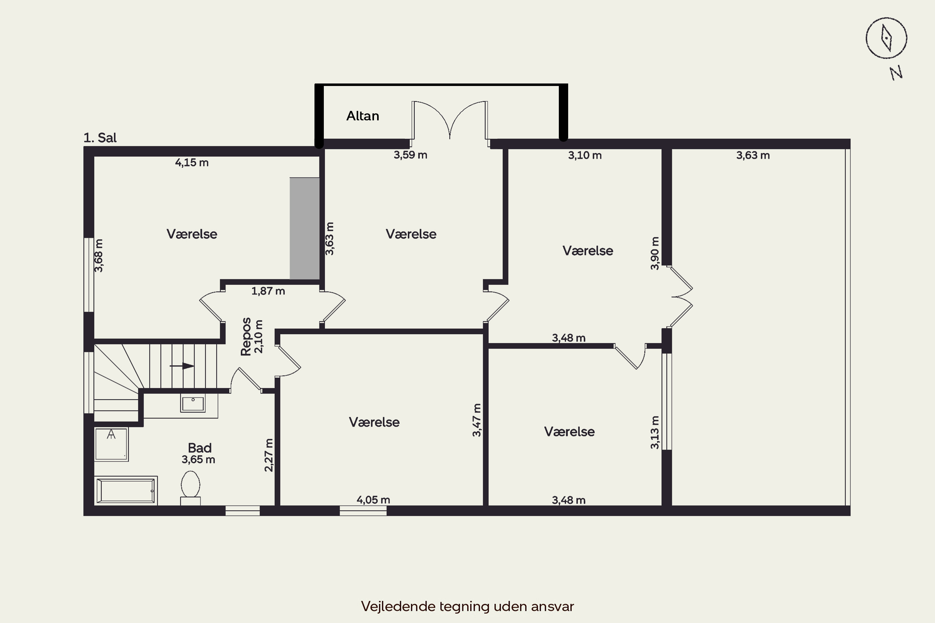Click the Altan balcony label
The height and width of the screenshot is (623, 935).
pos(362,116)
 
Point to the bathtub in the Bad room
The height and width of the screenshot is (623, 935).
pos(126,491)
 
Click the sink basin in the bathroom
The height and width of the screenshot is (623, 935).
pos(193,403)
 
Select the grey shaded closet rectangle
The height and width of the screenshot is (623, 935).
pos(304,228)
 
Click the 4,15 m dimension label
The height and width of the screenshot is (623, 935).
pos(192,163)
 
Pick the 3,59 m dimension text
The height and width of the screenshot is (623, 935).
pos(410,155)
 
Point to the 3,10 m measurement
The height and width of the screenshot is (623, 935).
pos(584,155)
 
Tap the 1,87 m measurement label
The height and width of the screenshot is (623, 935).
pos(268,291)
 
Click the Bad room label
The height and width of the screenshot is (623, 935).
pos(199,448)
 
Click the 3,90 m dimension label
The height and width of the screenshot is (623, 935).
pos(655,254)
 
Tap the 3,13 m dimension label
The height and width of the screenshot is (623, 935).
pos(655,433)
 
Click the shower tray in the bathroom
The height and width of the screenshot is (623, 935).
pos(111,444)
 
